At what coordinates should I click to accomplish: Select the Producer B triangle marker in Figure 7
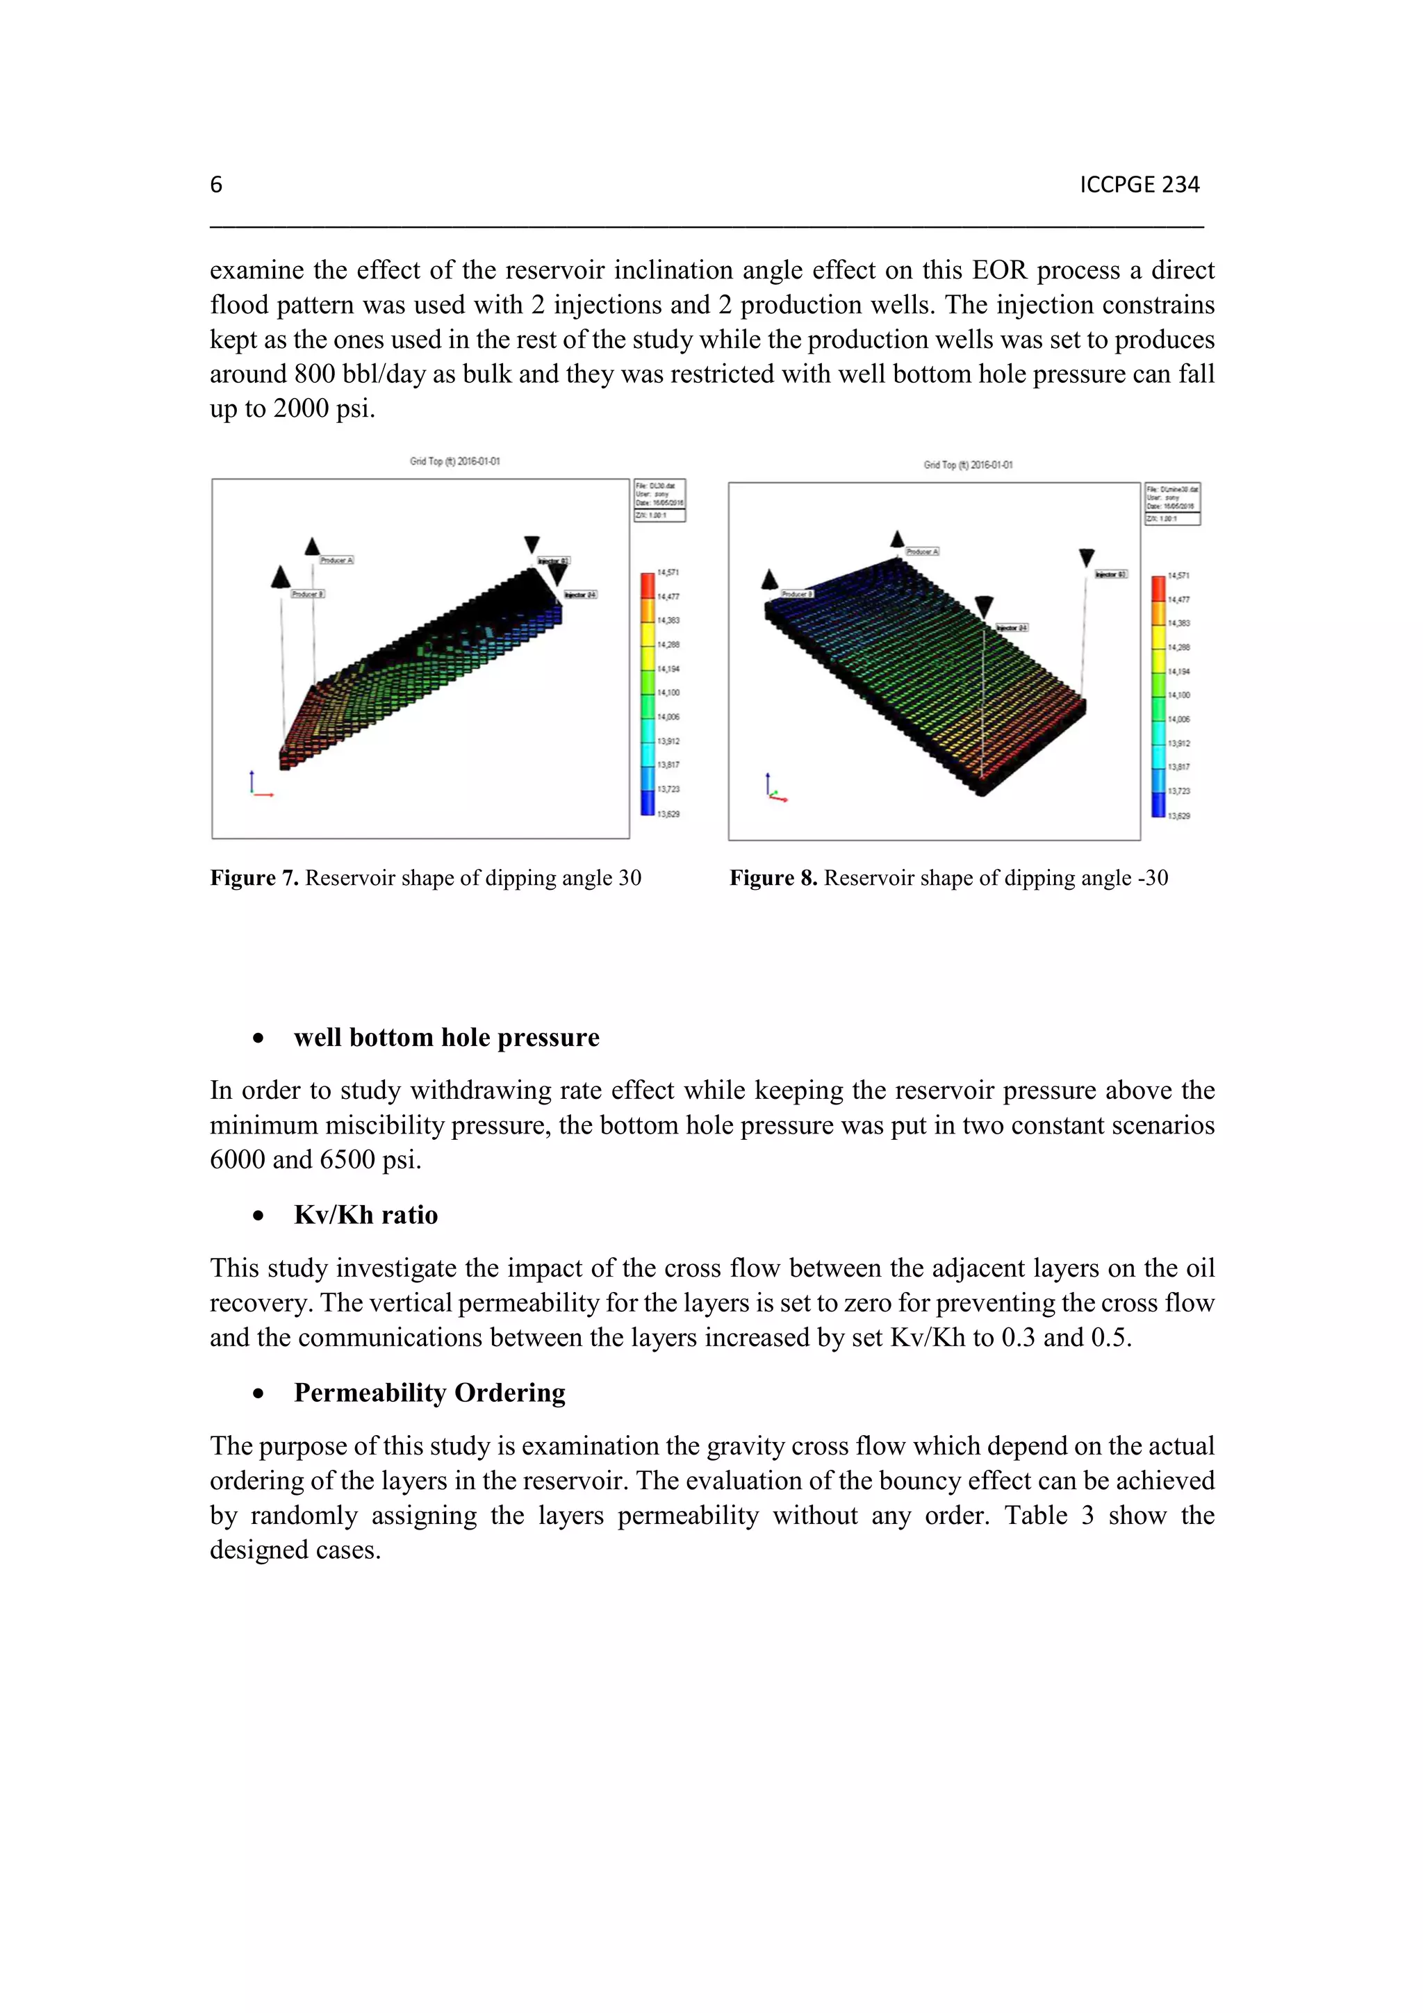281,577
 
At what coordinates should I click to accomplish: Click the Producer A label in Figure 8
921,552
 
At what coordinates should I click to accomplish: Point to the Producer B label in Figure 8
797,594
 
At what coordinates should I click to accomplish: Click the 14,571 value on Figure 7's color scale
668,572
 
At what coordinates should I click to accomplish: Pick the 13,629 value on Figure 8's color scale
1179,816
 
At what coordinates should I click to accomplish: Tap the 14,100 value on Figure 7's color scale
668,693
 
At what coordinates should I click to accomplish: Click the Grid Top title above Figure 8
967,465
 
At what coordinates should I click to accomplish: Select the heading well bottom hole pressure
446,1037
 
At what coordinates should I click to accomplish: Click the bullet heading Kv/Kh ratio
365,1215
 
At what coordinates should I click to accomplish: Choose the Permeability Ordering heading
429,1393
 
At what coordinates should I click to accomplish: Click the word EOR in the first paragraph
998,270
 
